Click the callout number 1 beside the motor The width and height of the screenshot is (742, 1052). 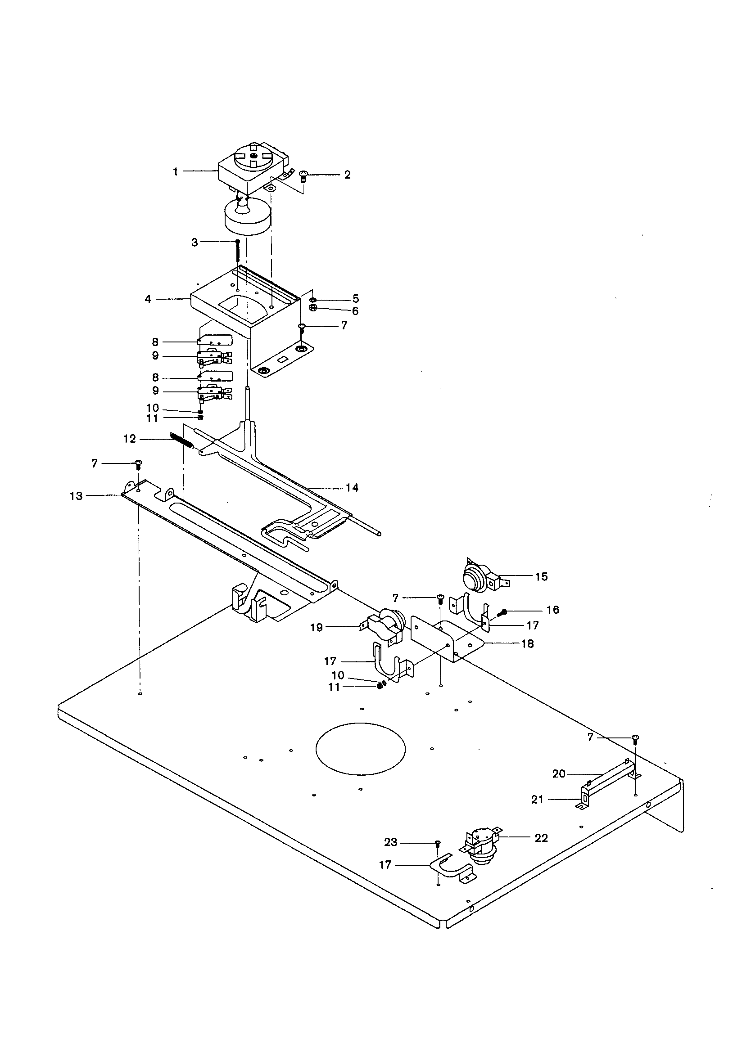[x=175, y=171]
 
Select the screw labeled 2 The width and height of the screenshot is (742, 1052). [x=303, y=176]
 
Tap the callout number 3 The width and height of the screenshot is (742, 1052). [x=195, y=243]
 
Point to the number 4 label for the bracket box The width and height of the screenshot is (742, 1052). [x=148, y=299]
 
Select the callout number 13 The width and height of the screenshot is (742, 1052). [x=76, y=496]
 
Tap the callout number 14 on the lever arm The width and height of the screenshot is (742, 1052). [x=352, y=487]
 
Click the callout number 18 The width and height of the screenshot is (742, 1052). [x=527, y=644]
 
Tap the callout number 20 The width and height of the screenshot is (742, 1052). [x=559, y=774]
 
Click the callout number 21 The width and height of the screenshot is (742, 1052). [x=537, y=800]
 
